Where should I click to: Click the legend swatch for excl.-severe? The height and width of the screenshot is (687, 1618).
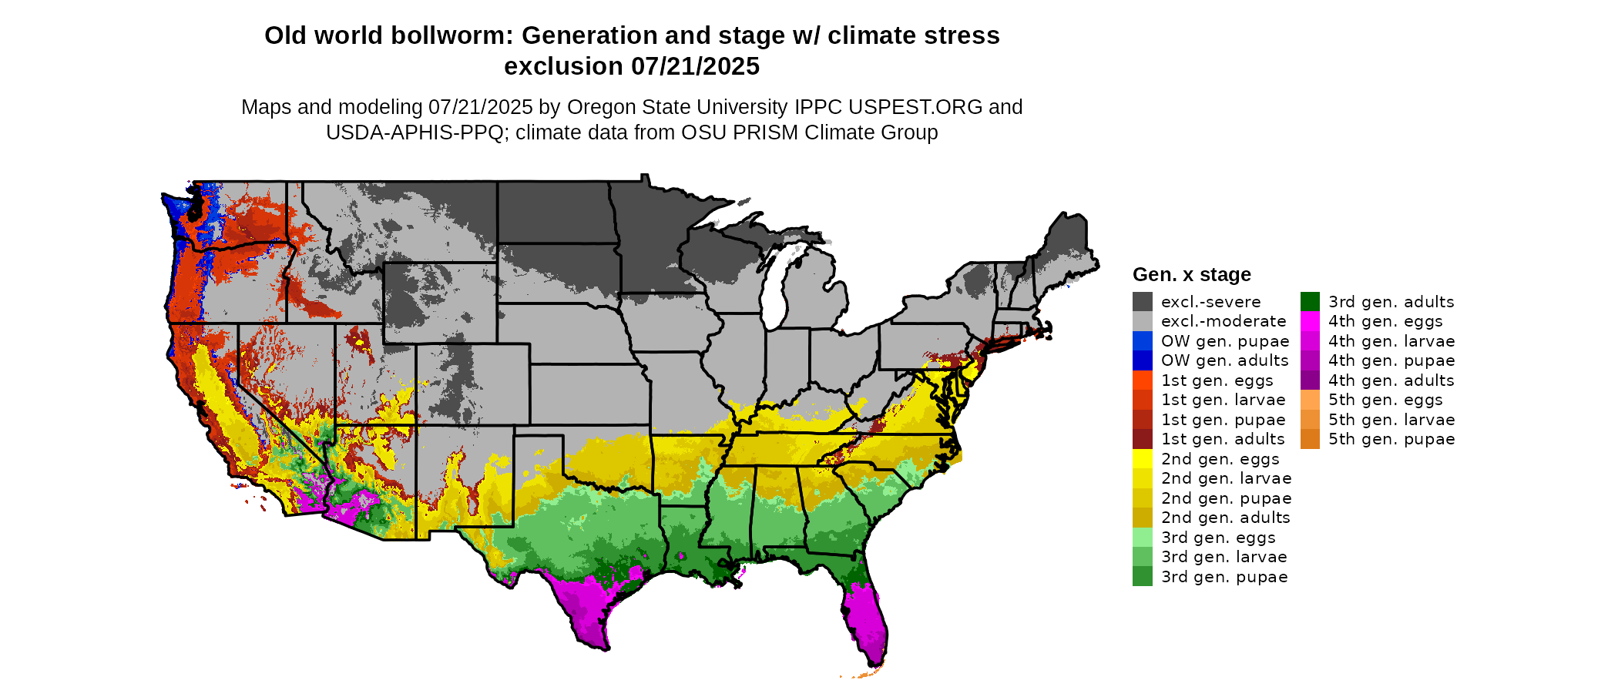(1142, 302)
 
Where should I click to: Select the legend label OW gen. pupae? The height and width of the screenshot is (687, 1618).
(1225, 341)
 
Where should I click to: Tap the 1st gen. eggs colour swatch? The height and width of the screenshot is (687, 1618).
(1142, 380)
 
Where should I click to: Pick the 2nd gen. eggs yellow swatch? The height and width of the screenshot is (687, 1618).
(1142, 459)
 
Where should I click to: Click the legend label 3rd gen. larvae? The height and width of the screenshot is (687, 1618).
(1224, 557)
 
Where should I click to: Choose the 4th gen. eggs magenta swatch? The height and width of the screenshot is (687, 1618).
(1310, 321)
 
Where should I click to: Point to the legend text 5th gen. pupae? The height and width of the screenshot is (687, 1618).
(1391, 439)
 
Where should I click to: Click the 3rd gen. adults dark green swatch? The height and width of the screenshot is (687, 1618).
(1310, 302)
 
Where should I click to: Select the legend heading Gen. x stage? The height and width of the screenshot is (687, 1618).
(1191, 275)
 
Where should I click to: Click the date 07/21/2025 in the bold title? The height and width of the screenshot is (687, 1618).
(695, 66)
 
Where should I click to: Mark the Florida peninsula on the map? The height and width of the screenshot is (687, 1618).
(867, 616)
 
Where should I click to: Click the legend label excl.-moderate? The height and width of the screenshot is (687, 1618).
(1224, 321)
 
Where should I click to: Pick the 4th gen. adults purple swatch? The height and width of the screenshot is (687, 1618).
(1310, 380)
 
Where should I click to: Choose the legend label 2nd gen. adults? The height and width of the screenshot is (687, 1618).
(1225, 518)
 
